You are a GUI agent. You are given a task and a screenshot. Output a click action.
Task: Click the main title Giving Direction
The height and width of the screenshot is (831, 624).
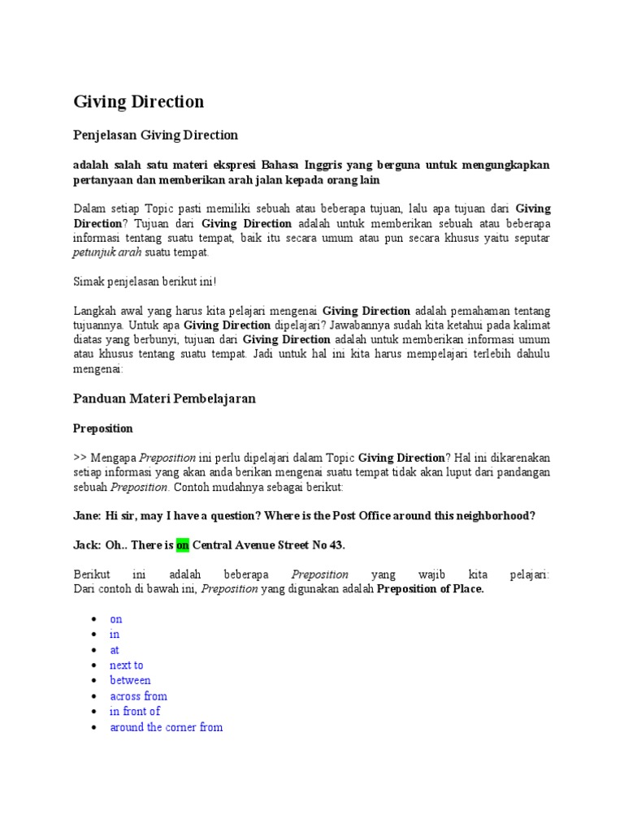point(138,101)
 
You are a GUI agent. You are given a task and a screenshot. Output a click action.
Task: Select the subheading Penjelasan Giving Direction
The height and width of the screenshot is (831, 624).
point(155,135)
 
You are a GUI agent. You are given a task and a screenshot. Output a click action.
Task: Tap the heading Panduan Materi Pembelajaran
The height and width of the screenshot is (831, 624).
point(164,398)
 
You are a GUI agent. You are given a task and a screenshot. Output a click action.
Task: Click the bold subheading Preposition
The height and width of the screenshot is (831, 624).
point(103,428)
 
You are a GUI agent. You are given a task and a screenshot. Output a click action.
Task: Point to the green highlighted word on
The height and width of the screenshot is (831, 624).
point(183,545)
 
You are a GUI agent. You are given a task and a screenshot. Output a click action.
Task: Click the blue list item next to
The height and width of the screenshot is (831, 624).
point(127,665)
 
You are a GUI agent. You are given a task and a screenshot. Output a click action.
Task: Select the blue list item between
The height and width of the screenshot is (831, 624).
point(130,681)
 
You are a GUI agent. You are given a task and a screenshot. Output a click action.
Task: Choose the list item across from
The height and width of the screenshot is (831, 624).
point(138,696)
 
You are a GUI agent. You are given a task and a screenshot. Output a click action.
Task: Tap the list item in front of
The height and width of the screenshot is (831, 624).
point(135,712)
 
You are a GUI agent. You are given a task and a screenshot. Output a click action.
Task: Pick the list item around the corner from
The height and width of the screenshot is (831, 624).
point(166,727)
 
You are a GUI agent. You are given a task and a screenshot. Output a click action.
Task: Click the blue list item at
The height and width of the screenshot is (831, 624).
point(115,650)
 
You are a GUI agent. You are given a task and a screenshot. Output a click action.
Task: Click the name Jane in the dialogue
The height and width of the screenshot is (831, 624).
point(86,515)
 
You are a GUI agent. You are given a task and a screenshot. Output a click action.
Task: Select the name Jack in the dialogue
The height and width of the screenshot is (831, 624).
point(86,545)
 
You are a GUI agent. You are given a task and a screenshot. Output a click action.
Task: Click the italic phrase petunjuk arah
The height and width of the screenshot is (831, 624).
point(107,252)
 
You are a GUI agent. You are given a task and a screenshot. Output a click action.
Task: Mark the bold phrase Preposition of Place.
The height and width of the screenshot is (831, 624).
point(430,589)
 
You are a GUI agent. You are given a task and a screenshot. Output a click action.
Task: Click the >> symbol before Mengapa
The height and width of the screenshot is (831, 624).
point(80,458)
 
